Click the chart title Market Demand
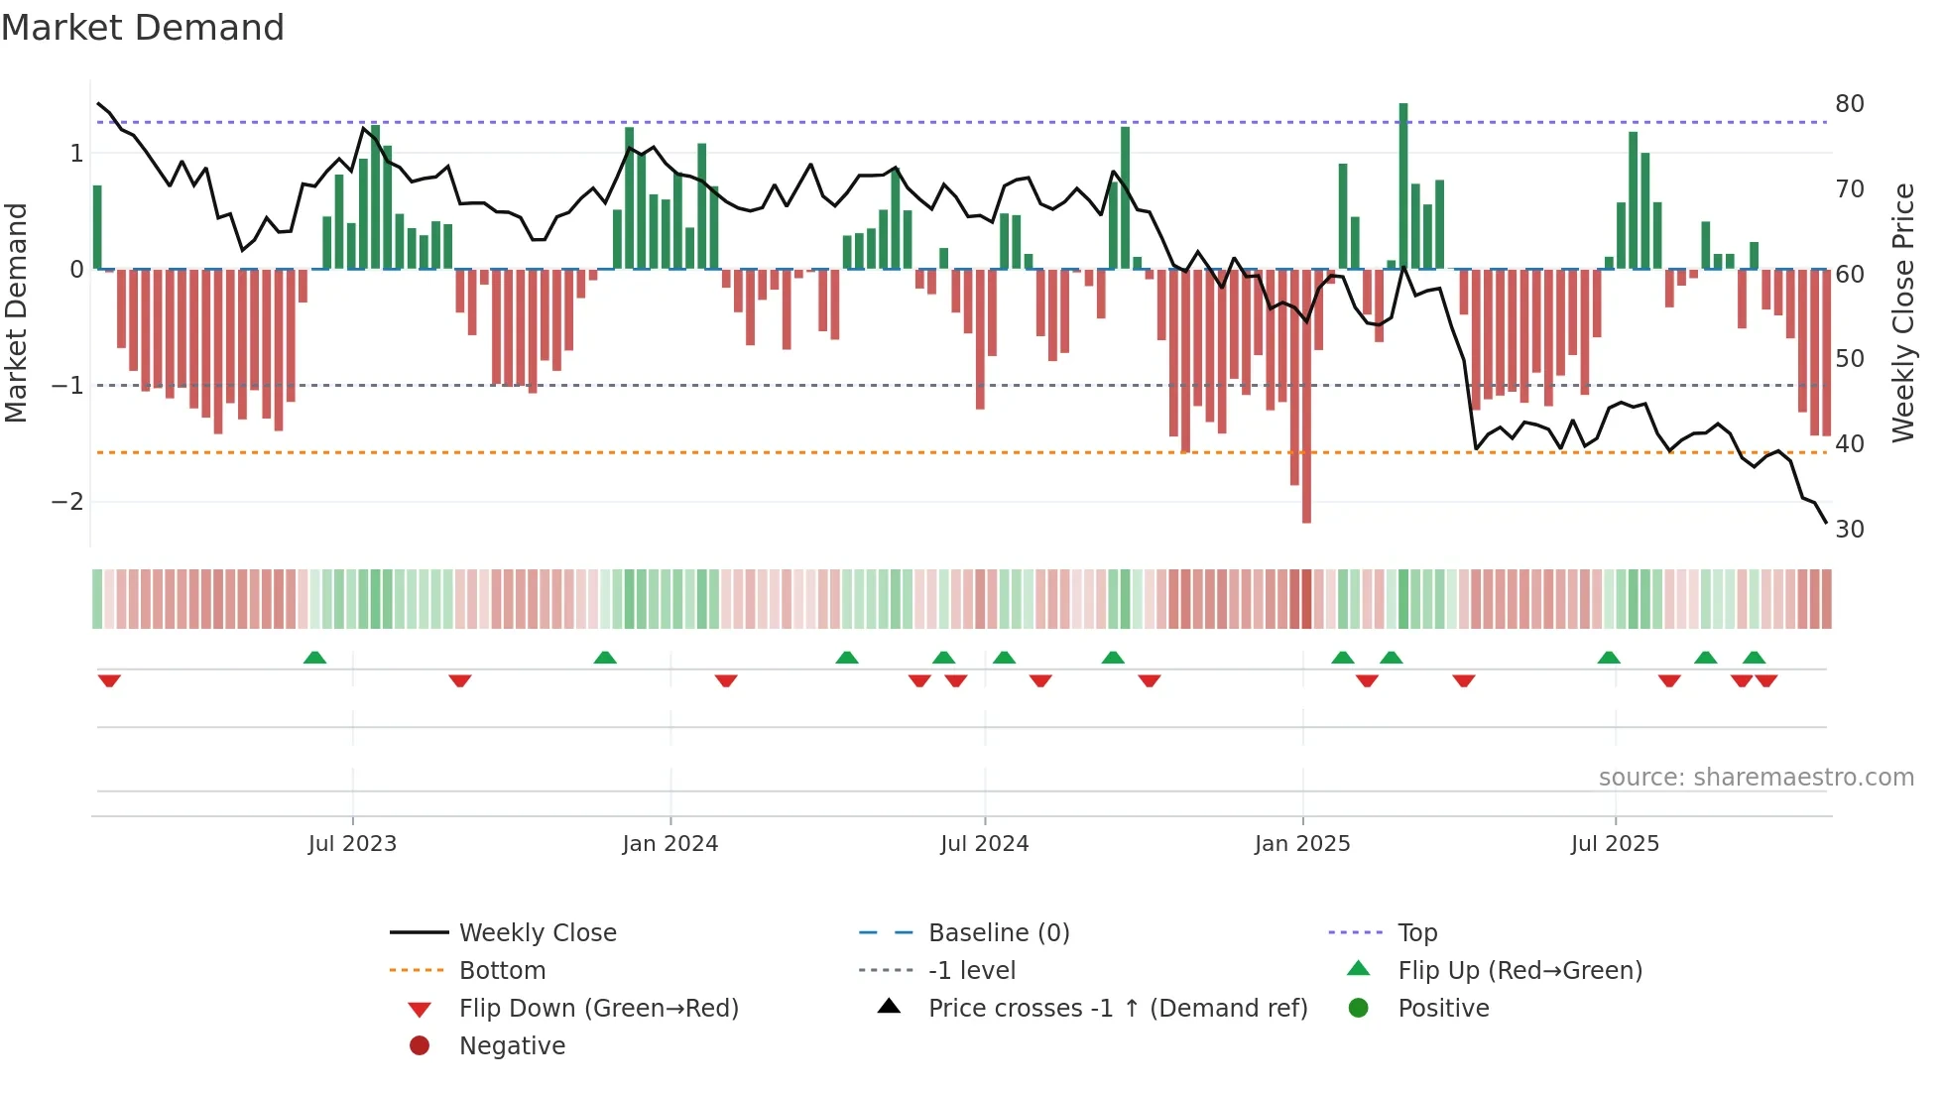143,28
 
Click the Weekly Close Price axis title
1902,312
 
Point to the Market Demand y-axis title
16,312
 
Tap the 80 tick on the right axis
1849,104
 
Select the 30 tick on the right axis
1849,530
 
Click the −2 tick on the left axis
67,502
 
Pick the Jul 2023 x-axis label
352,844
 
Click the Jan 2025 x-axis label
1301,844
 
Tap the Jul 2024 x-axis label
984,844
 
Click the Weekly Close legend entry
537,933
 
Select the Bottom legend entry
502,971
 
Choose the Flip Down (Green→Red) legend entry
598,1009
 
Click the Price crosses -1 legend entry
1117,1009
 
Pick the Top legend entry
1416,933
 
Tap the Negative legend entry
512,1046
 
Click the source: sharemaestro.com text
1756,778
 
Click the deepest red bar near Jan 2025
1306,397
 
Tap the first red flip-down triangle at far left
109,680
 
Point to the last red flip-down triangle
1766,680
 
